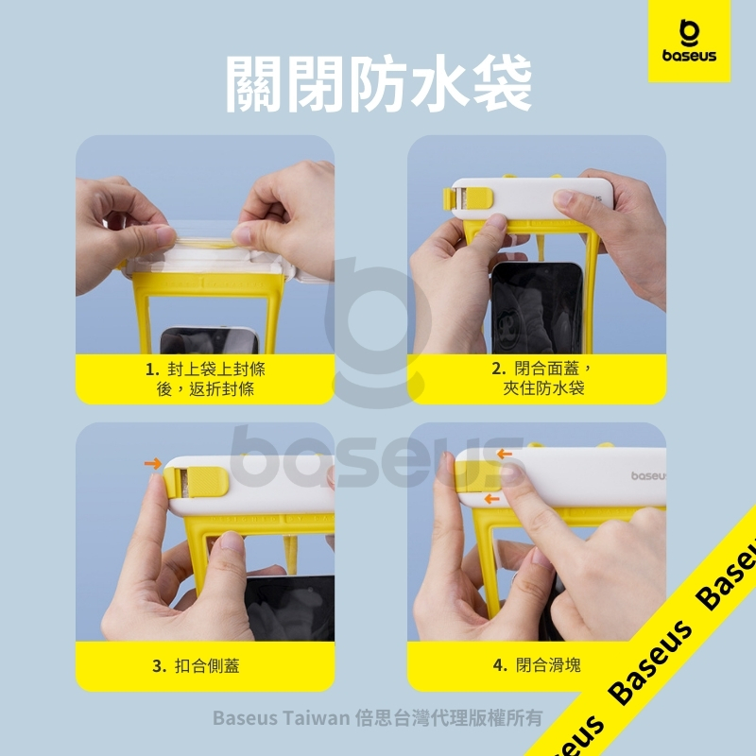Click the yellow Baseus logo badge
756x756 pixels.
[689, 41]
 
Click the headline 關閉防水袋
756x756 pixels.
[379, 84]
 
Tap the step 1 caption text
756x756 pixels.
[206, 379]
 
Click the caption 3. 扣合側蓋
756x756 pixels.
[196, 666]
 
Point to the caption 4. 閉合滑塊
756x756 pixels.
[537, 665]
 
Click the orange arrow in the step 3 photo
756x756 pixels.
[153, 464]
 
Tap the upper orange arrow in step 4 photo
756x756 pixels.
[505, 454]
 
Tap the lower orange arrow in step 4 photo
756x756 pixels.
[491, 499]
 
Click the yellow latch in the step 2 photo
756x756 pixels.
[468, 198]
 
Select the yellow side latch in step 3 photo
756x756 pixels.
[196, 481]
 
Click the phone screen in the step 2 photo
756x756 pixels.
[537, 309]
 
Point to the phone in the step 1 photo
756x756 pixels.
[209, 340]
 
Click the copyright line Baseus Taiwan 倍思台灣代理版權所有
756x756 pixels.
[377, 718]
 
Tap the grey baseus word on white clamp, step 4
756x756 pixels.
[648, 476]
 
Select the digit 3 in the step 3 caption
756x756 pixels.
[157, 666]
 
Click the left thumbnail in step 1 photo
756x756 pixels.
[164, 234]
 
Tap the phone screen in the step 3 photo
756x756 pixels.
[289, 609]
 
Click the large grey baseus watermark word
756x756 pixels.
[376, 457]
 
